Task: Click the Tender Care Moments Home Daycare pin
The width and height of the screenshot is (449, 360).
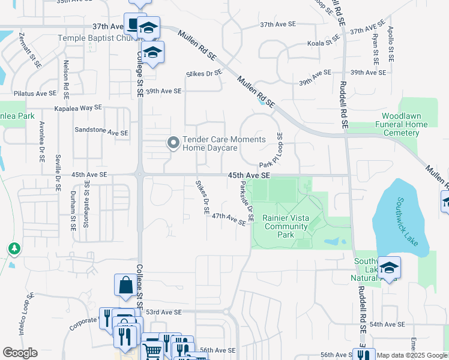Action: tap(173, 143)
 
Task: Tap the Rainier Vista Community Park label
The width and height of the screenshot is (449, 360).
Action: tap(286, 226)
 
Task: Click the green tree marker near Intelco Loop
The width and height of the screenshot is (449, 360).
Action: tap(14, 248)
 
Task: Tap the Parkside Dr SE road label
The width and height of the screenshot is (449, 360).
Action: tap(247, 201)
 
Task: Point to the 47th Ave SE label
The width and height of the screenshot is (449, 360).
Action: tap(229, 219)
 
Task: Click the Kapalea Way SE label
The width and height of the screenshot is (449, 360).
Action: tap(78, 109)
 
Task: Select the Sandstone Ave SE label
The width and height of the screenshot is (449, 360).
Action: tap(101, 131)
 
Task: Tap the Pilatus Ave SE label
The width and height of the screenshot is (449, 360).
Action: tap(35, 94)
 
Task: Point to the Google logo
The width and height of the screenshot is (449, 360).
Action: tap(20, 353)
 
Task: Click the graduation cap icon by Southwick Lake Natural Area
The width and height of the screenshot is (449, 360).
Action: tap(388, 268)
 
